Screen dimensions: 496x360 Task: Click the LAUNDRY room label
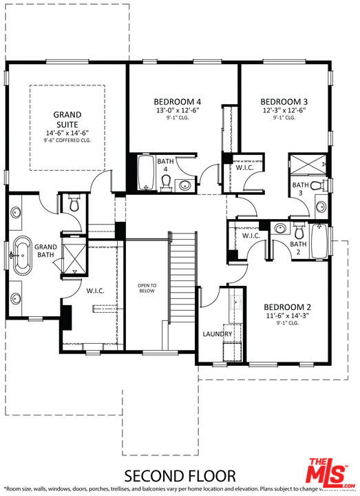(x=217, y=334)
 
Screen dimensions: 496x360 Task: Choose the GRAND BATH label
(x=45, y=251)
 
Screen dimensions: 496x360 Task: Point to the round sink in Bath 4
(x=185, y=185)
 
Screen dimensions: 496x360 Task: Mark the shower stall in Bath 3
(x=306, y=165)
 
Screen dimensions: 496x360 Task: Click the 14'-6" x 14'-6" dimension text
(x=67, y=133)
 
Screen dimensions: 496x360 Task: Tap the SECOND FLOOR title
(x=180, y=475)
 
